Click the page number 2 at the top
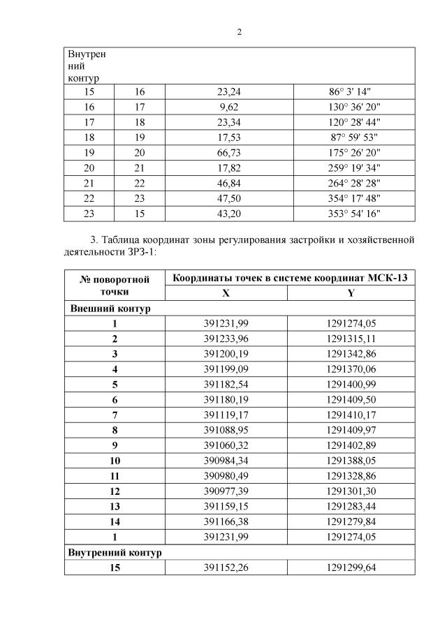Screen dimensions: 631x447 [239, 32]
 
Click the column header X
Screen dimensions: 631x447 [226, 293]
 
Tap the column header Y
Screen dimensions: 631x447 [351, 293]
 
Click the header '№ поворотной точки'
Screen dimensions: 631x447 [115, 286]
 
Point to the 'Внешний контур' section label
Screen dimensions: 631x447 [109, 309]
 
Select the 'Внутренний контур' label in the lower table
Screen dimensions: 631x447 [115, 552]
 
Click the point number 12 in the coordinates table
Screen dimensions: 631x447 [115, 491]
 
